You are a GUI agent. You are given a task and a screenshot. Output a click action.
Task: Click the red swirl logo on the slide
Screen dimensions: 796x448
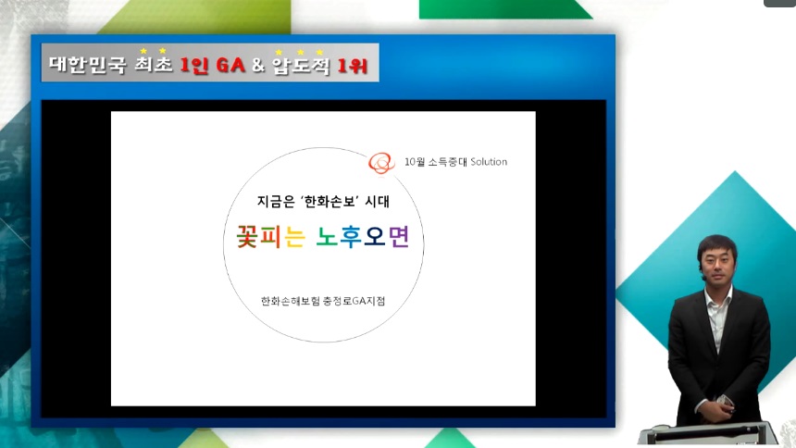381,163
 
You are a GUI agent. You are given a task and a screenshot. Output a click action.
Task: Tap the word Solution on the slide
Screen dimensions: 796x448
489,162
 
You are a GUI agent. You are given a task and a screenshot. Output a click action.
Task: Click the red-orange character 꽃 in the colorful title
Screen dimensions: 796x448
247,237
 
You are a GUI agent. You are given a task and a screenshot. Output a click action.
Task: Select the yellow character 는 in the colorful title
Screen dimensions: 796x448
295,237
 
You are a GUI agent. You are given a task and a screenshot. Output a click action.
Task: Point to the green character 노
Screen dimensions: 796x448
327,237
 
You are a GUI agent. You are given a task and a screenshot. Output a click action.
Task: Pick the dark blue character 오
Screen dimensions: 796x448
375,237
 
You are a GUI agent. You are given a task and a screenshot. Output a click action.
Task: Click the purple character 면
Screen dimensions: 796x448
399,237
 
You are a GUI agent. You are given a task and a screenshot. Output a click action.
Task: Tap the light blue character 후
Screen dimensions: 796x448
351,237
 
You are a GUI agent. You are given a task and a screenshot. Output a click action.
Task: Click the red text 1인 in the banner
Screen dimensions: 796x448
193,65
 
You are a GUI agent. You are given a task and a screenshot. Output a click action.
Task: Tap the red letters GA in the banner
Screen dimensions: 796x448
231,65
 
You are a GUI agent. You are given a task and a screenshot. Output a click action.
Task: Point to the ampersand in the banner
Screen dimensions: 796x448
258,65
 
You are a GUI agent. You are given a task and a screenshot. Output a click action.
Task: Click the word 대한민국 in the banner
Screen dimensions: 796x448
87,65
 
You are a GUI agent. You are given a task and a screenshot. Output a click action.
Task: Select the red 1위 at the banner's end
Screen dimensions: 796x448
353,65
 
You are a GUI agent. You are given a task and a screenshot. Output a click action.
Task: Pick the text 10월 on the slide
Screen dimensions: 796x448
415,162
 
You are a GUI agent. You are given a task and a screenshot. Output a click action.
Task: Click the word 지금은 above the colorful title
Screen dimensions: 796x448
276,202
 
